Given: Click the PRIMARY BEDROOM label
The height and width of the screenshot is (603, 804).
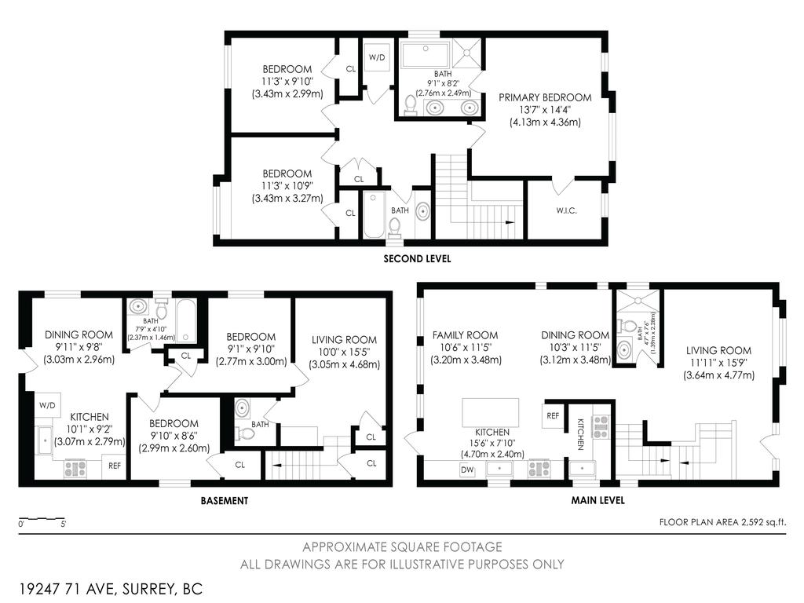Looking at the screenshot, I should coord(545,97).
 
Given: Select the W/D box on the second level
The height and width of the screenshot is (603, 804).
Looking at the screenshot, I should coord(377,58).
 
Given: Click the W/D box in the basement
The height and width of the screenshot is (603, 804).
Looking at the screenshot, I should coord(47,405).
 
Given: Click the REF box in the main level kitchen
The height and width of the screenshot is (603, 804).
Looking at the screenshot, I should coord(552,415).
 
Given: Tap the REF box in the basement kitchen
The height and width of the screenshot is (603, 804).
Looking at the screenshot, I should coord(115,466).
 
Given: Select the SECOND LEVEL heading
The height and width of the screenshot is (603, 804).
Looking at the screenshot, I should coord(417,258).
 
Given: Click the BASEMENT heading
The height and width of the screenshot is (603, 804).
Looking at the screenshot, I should coord(224,500).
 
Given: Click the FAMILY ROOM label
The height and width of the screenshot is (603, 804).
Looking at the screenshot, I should coord(465,335).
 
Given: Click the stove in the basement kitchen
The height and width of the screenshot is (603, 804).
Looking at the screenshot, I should coord(75,469).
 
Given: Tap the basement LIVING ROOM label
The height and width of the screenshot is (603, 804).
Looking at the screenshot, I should coord(344,340).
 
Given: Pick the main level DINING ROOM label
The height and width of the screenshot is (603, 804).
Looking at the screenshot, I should coord(576,335).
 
